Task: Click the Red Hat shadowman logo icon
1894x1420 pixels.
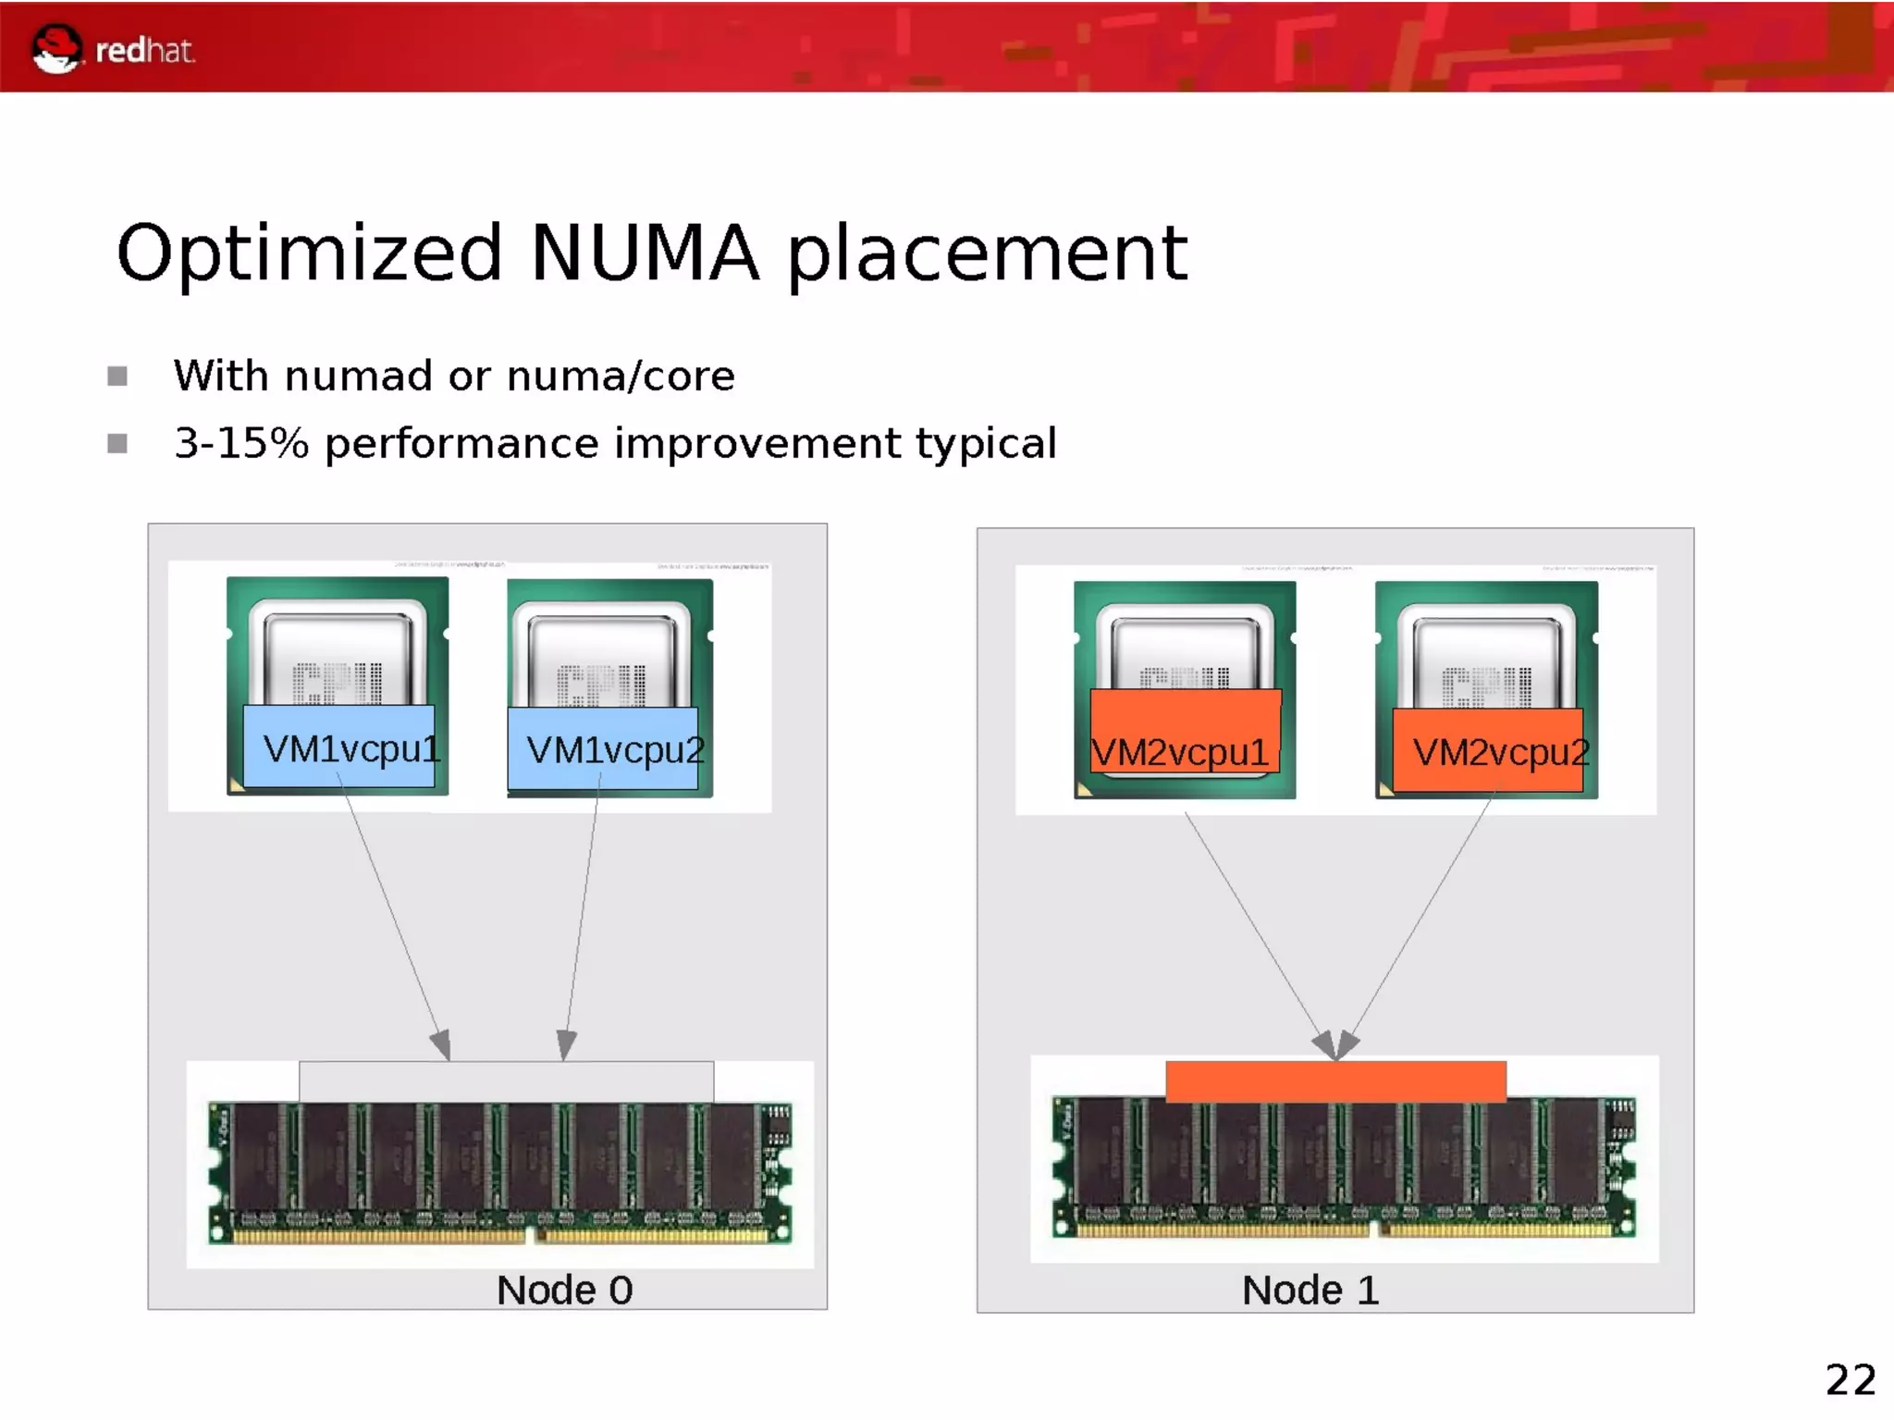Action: [x=55, y=48]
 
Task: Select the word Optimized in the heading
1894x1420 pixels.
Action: [x=309, y=254]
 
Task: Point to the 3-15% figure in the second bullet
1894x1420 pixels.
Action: [x=241, y=443]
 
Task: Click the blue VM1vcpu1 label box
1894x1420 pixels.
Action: [x=339, y=747]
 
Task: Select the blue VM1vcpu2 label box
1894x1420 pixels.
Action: [x=603, y=748]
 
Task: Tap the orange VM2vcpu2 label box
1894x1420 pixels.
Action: [x=1488, y=750]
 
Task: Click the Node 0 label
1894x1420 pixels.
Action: [x=564, y=1290]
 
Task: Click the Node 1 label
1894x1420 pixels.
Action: [x=1310, y=1290]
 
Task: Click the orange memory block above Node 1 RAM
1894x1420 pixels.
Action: [x=1335, y=1081]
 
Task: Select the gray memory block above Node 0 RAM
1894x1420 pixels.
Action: [x=506, y=1081]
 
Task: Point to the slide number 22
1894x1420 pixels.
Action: [x=1850, y=1380]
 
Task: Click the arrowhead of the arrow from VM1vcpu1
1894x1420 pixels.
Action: [x=442, y=1045]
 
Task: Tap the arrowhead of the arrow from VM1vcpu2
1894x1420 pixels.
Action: [x=566, y=1045]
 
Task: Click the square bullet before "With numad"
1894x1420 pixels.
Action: [x=117, y=377]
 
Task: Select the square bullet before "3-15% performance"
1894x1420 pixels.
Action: [x=117, y=444]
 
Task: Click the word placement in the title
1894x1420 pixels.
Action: [x=987, y=254]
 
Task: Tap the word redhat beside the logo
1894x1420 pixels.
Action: [x=145, y=51]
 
